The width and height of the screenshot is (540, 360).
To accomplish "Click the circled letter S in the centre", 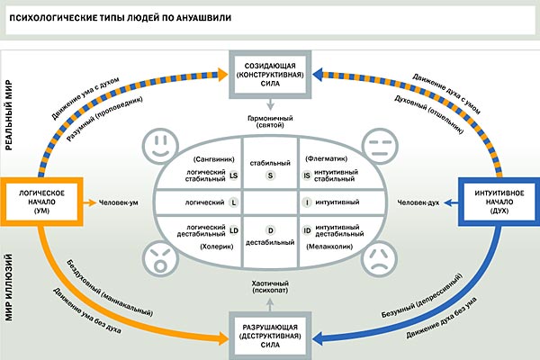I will tap(272, 175).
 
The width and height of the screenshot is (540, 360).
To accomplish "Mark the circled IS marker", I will tap(306, 175).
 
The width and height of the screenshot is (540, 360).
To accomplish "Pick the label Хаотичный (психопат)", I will tap(271, 286).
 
